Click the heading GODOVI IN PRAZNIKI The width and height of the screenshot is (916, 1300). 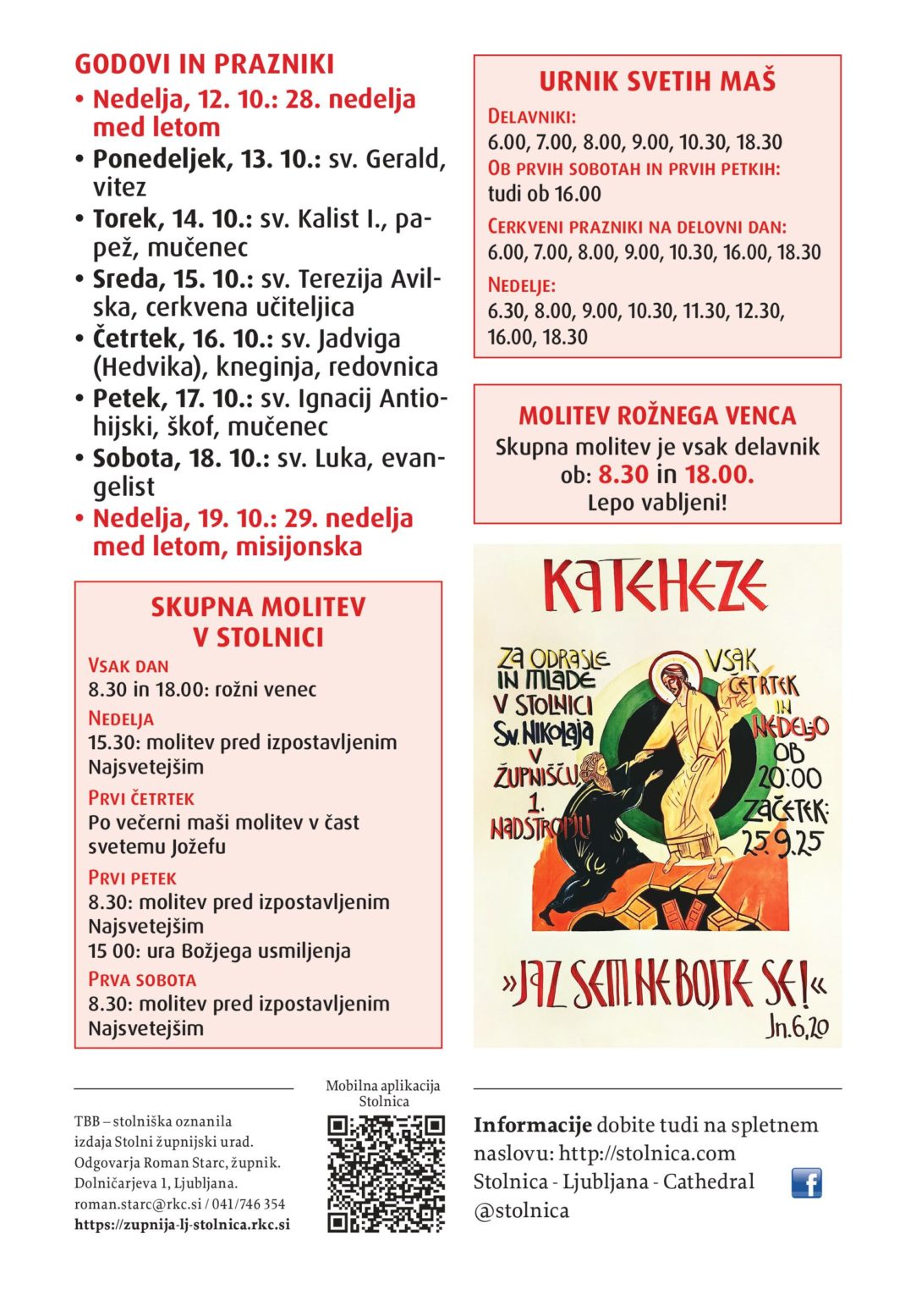[204, 64]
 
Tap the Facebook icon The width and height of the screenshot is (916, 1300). [806, 1182]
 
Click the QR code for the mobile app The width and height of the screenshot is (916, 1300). [386, 1173]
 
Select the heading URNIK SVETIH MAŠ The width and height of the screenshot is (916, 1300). [657, 81]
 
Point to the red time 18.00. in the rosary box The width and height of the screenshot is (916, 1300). [719, 474]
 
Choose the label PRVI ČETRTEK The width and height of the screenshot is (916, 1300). [141, 798]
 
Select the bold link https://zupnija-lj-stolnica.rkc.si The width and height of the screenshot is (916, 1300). [182, 1225]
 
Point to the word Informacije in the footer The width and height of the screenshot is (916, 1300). [532, 1125]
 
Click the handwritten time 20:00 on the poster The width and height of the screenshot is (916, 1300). [788, 778]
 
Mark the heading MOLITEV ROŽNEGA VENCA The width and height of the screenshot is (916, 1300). [657, 416]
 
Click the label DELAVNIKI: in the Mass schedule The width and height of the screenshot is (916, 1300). [532, 117]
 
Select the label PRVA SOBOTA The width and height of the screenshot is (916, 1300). [142, 979]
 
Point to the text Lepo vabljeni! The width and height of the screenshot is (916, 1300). [657, 503]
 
